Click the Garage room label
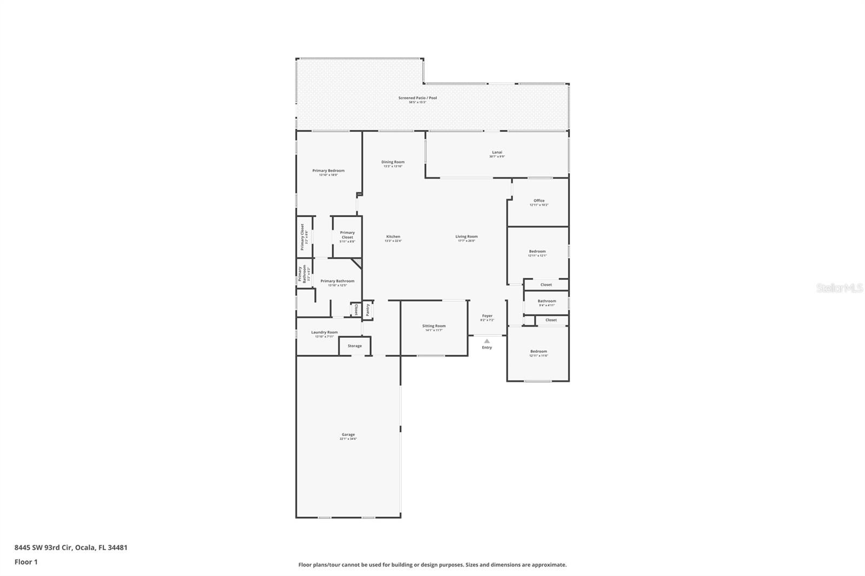tap(348, 434)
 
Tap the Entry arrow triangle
tap(487, 341)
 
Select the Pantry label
tap(368, 310)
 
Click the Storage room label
tap(355, 346)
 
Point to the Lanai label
tap(496, 152)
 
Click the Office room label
tap(538, 200)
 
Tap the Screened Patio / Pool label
tap(417, 98)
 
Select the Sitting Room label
tap(434, 326)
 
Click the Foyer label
tap(487, 316)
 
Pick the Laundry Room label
tap(324, 332)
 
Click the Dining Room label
tap(393, 162)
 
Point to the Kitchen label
tap(393, 237)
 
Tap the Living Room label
tap(466, 237)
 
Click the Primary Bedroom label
tap(328, 171)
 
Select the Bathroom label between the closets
tap(547, 301)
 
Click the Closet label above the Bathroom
tap(546, 285)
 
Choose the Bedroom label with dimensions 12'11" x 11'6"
tap(538, 351)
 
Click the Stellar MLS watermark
tap(839, 289)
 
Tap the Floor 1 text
tap(26, 562)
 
